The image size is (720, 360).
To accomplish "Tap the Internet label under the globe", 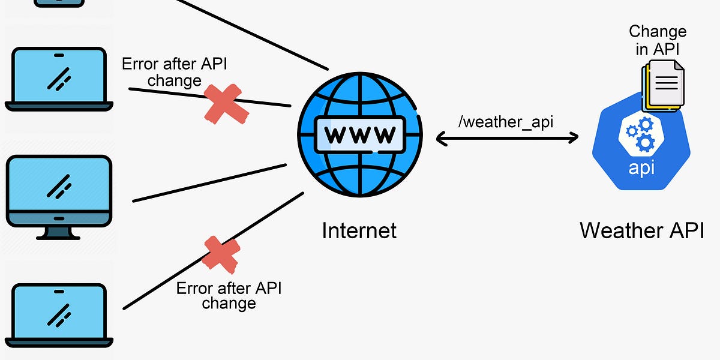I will [359, 230].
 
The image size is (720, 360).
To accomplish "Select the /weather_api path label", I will [505, 122].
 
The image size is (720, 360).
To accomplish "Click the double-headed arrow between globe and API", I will [507, 139].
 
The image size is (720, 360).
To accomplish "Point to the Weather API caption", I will [641, 230].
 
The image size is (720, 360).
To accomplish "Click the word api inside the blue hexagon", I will [641, 167].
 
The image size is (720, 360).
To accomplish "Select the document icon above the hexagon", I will [664, 84].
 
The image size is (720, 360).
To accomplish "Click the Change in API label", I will [658, 40].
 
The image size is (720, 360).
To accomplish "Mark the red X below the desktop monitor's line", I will [221, 253].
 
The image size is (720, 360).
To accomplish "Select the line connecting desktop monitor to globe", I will [210, 182].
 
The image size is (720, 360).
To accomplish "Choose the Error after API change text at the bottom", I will [229, 295].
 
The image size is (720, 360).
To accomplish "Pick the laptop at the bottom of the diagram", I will [59, 316].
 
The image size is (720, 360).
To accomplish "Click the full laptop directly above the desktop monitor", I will [59, 79].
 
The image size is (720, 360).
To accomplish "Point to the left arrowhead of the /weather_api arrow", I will [441, 139].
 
